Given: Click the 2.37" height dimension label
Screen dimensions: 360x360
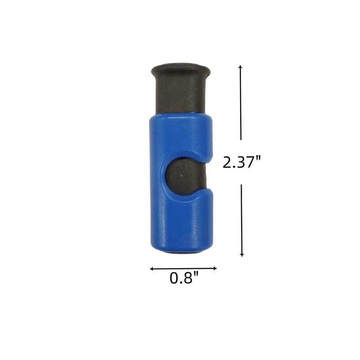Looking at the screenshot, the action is click(x=242, y=162).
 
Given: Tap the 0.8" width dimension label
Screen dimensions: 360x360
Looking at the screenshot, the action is click(x=184, y=278).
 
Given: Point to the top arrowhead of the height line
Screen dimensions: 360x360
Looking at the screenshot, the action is click(x=240, y=67).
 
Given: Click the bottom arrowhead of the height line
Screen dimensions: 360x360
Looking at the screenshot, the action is click(x=242, y=255).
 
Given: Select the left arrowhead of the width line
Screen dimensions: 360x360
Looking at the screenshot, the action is click(x=152, y=269).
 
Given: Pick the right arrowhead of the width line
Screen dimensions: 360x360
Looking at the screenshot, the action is click(x=215, y=268).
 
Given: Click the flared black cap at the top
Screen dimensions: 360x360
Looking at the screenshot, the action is click(x=181, y=71).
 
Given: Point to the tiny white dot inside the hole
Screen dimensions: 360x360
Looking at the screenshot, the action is click(x=182, y=175).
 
